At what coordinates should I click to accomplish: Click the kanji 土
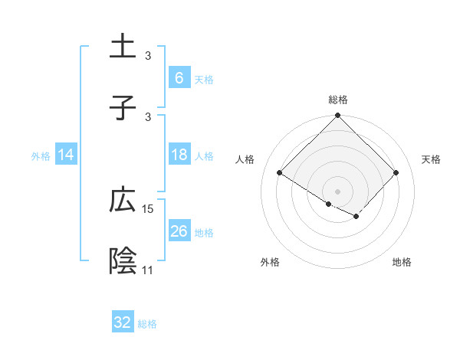coord(123,47)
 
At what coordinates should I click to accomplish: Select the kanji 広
coord(123,201)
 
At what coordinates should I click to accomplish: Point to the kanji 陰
coord(123,262)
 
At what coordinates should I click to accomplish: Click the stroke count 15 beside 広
coord(148,208)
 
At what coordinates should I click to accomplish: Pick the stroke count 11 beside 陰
coord(148,270)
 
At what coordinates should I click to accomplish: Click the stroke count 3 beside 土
coord(148,55)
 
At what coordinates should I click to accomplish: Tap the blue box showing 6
coord(179,78)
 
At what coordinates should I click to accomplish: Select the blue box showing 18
coord(179,155)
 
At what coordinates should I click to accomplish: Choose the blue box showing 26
coord(179,231)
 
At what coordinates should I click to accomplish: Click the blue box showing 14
coord(66,155)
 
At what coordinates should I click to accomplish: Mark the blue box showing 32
coord(123,322)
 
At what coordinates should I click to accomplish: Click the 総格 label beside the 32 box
coord(147,324)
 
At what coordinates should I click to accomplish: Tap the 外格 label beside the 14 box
coord(41,155)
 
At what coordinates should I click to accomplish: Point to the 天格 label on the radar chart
coord(431,159)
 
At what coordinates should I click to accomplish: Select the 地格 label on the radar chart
coord(402,262)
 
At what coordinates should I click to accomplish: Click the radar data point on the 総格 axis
coord(337,116)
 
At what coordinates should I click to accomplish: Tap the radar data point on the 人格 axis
coord(280,173)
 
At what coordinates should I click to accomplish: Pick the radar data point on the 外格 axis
coord(329,205)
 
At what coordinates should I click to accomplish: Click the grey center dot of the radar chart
coord(337,191)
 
